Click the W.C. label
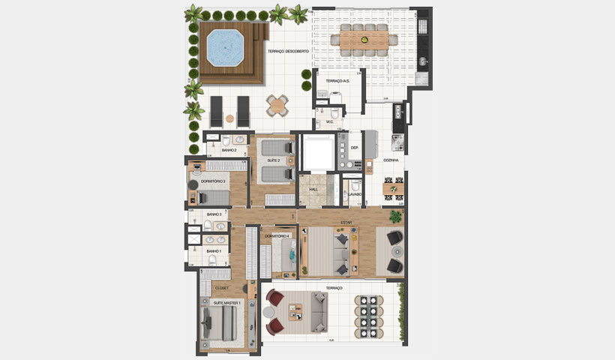point(329,121)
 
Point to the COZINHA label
point(391,160)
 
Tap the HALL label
point(313,189)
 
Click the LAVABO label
point(355,194)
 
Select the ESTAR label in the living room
point(346,223)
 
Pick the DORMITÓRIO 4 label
point(277,236)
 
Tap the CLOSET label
point(222,287)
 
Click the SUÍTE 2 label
point(273,160)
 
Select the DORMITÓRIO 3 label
point(213,181)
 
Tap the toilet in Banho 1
point(214,260)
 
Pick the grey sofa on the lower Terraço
point(318,311)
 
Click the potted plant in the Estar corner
point(394,217)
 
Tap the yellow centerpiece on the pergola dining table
point(364,37)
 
